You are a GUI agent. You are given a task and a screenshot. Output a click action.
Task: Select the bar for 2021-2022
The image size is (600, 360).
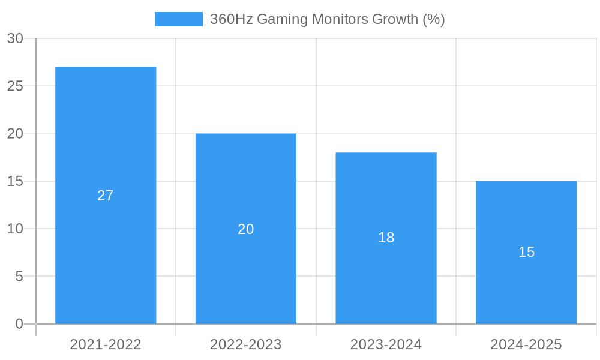(106, 132)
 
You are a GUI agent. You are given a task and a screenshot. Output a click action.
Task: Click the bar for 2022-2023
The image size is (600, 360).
(246, 180)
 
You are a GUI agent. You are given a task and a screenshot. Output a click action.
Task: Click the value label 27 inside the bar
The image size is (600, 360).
(106, 196)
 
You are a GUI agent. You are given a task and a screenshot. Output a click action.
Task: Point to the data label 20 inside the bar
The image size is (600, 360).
(246, 229)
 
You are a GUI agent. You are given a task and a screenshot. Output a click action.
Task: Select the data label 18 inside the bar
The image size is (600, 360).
(386, 238)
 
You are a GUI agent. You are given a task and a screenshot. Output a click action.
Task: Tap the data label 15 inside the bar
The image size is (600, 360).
(526, 252)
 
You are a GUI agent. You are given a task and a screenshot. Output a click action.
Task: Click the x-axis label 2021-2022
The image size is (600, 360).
(106, 344)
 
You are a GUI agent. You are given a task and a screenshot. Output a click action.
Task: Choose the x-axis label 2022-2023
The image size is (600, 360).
(246, 344)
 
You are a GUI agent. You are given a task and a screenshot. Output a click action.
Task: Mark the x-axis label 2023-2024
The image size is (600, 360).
(386, 344)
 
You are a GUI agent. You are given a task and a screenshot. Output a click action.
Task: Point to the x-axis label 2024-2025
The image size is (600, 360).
(526, 344)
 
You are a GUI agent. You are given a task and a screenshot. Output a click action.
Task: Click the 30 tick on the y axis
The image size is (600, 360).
(15, 38)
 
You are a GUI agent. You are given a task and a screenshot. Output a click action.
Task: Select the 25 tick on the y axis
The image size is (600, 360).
(15, 86)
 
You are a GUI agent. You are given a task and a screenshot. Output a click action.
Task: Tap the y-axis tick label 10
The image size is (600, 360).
(15, 229)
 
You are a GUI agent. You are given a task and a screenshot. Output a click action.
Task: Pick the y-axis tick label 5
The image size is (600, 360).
(19, 276)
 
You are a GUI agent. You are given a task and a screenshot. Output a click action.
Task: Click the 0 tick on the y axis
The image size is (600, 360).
(19, 324)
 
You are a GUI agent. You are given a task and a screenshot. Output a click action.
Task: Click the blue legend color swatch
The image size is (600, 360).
(178, 19)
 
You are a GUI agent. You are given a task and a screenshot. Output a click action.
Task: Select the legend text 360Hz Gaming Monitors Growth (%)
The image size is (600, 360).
(327, 19)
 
